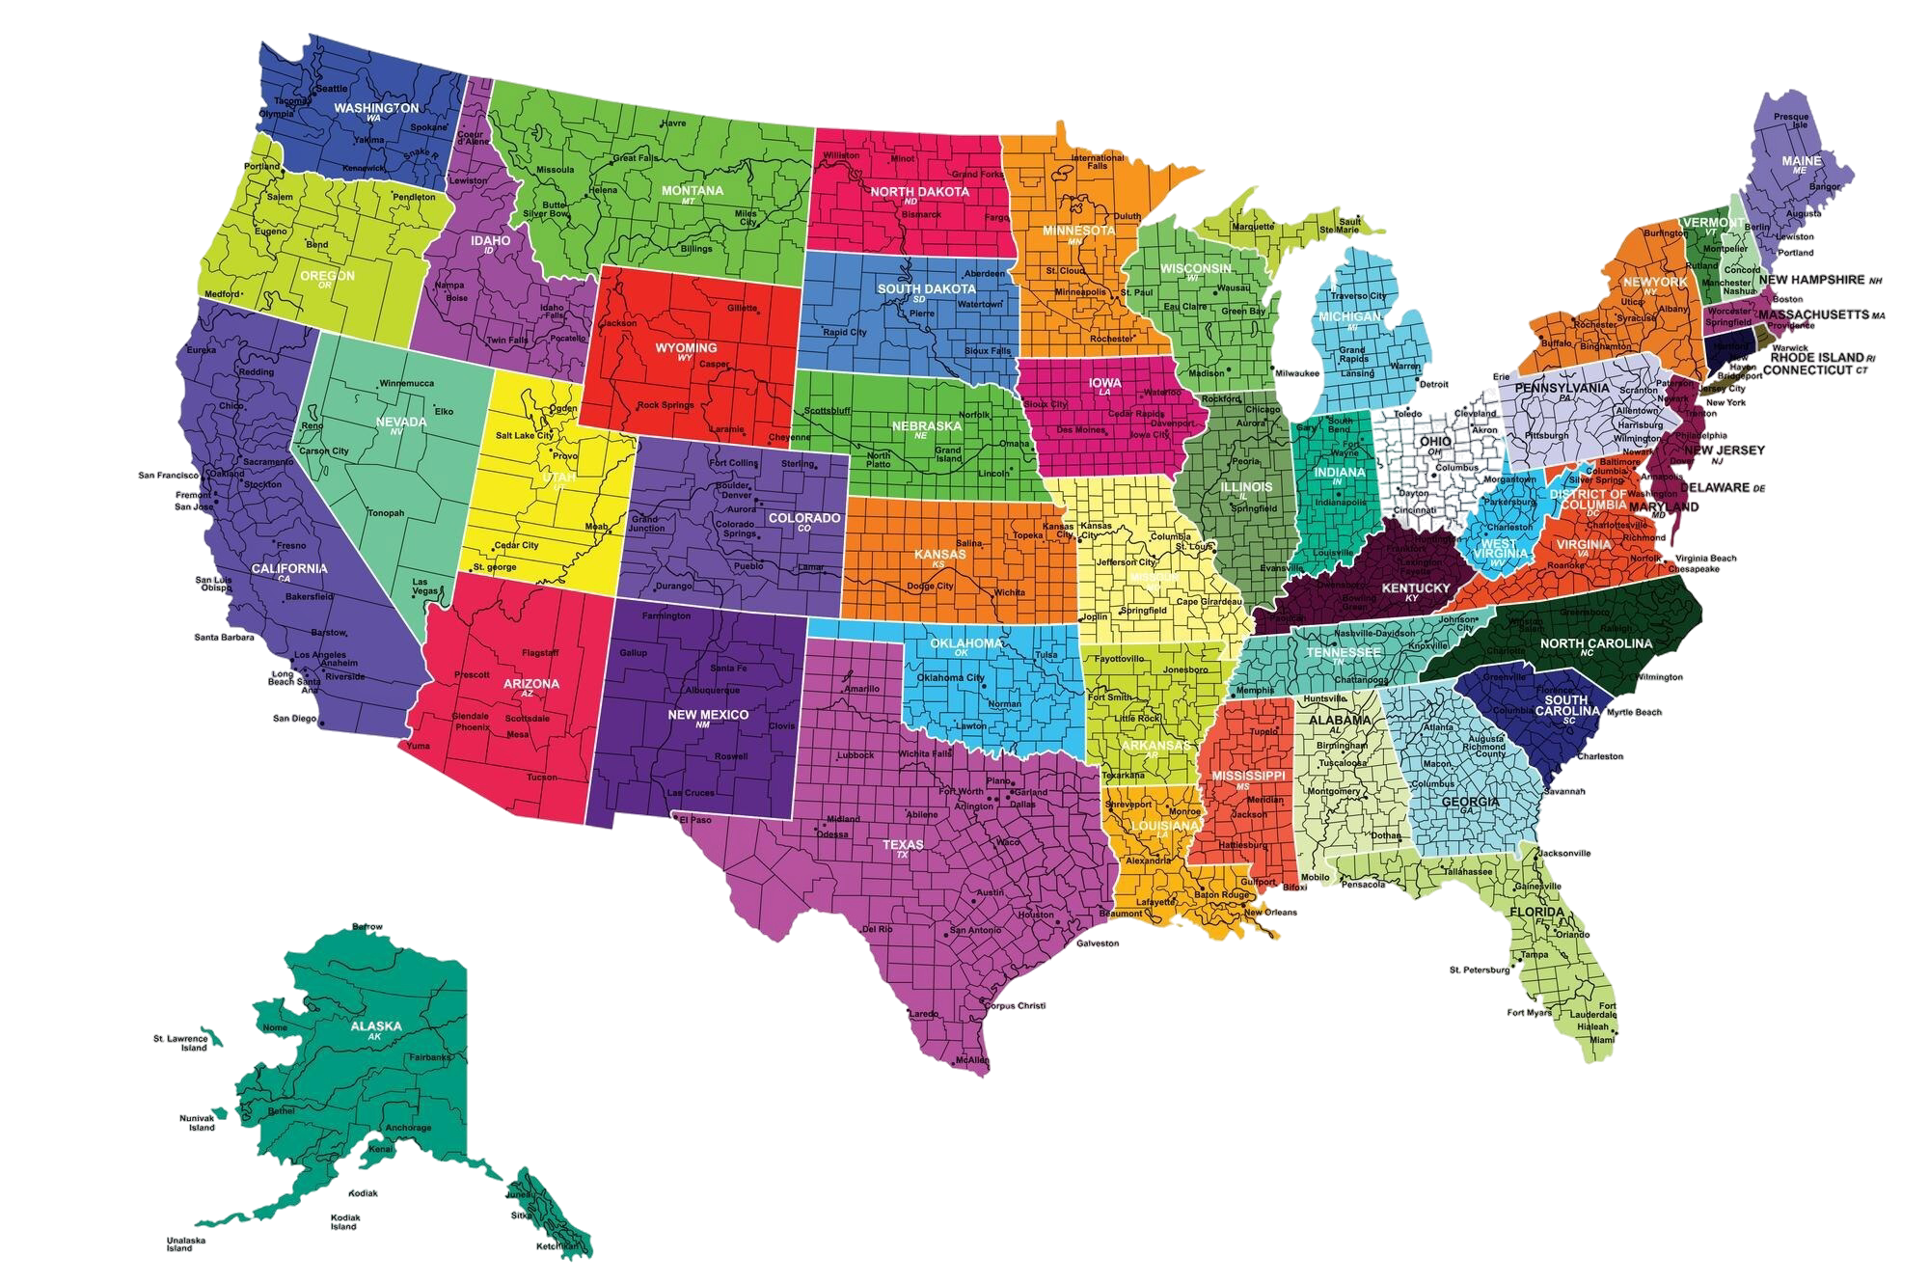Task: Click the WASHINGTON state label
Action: click(x=376, y=108)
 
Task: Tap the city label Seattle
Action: click(x=332, y=89)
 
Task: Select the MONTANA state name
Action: click(x=692, y=191)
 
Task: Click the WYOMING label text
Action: click(x=686, y=347)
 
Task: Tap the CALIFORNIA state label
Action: click(x=289, y=568)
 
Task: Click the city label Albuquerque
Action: click(x=712, y=690)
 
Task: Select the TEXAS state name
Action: click(x=903, y=844)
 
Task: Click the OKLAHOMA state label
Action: click(x=965, y=643)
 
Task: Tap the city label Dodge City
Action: click(x=931, y=586)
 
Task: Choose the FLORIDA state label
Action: click(x=1536, y=912)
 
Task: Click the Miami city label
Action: click(x=1602, y=1040)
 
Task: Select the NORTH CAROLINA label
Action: click(x=1595, y=643)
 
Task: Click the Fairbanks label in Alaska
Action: click(x=429, y=1057)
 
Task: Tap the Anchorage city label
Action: click(x=408, y=1127)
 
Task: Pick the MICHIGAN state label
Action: click(x=1349, y=316)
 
